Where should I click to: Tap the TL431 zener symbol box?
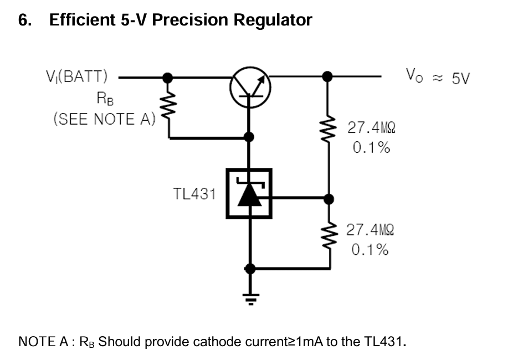click(249, 193)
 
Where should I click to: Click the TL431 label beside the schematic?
click(194, 194)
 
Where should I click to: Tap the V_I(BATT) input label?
click(77, 76)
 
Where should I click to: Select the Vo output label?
click(414, 75)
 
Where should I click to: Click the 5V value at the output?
click(460, 78)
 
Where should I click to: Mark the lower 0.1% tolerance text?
click(370, 250)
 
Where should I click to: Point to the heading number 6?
click(24, 20)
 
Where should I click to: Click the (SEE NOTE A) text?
click(104, 119)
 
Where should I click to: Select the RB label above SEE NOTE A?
click(104, 99)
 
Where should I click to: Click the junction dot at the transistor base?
click(250, 136)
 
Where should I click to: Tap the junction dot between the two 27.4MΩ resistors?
click(329, 198)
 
